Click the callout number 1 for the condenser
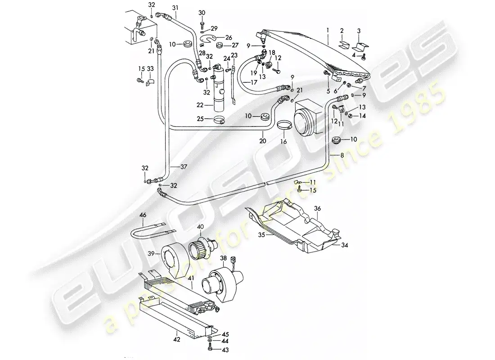328,31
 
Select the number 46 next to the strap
142,216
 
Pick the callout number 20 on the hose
263,141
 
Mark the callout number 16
283,141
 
